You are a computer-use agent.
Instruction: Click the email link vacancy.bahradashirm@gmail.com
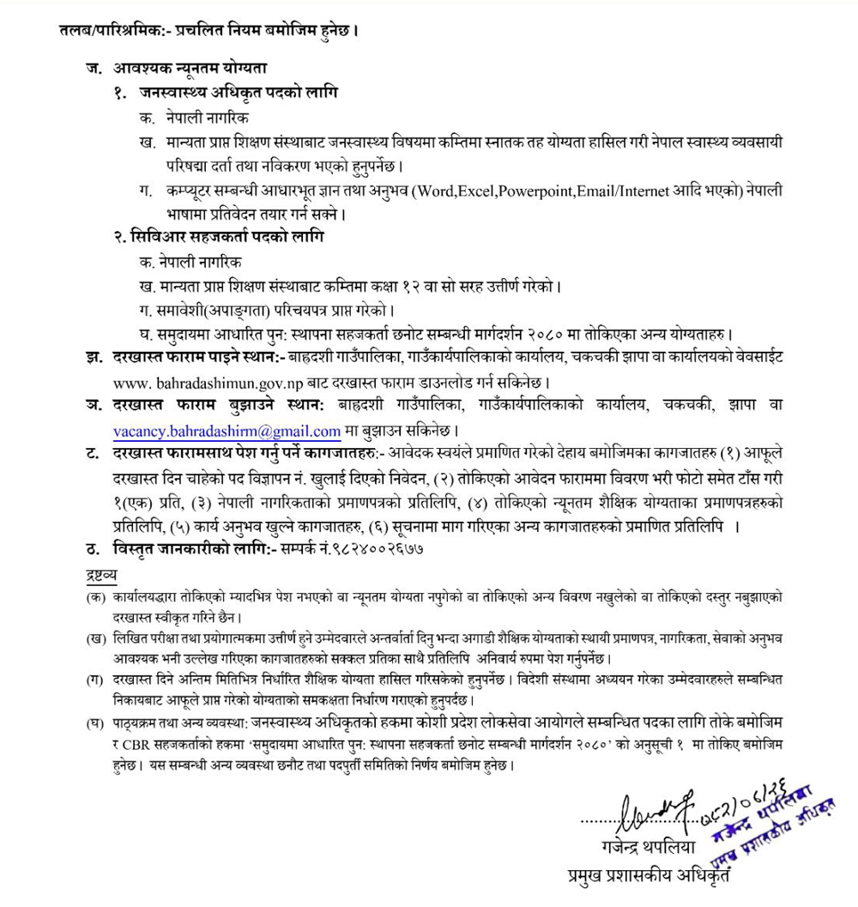tap(227, 432)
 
